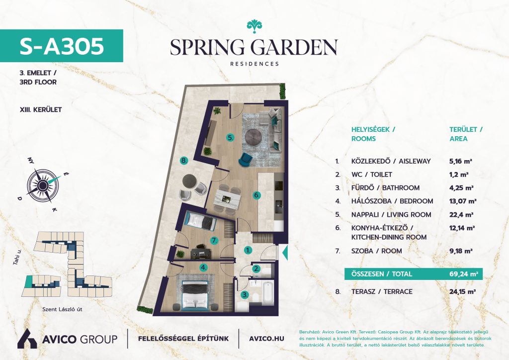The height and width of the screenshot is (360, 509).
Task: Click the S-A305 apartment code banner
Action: coord(61,46)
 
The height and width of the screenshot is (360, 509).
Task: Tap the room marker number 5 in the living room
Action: coord(231,138)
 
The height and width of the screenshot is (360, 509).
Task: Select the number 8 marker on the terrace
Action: coord(184,161)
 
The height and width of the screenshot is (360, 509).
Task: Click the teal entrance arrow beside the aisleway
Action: coord(285,253)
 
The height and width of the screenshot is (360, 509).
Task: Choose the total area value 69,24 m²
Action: coord(464,274)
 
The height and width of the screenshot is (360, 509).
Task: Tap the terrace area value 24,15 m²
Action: coord(463,291)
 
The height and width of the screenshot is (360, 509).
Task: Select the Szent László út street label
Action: coord(62,309)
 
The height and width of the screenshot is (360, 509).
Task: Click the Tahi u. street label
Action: coord(17,258)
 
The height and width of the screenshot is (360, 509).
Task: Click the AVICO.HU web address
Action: coord(266,339)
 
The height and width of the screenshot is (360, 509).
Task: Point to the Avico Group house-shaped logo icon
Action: coord(27,339)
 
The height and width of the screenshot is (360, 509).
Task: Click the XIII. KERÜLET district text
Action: coord(41,110)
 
